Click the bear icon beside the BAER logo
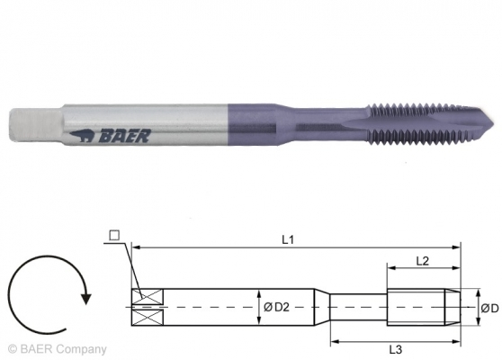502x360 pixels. tap(80, 139)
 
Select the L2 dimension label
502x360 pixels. tap(422, 260)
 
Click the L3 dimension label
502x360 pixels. tap(397, 348)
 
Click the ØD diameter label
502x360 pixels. tap(489, 308)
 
